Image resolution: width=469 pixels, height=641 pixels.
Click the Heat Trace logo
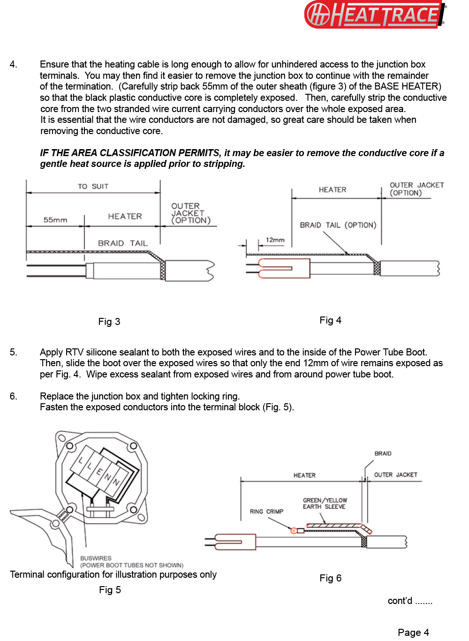[x=375, y=15]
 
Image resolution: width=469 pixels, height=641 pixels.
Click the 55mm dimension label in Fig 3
[x=55, y=220]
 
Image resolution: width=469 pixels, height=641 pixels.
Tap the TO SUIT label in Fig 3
[x=93, y=186]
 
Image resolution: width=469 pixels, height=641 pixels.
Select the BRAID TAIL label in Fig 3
[x=122, y=243]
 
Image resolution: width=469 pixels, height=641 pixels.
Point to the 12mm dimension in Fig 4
[x=275, y=240]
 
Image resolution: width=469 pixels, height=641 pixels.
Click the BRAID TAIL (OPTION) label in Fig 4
[x=338, y=225]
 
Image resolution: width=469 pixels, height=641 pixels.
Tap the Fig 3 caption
[x=109, y=322]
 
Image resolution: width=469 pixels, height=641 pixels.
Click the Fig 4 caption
[x=330, y=320]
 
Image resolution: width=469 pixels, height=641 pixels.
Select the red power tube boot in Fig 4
[x=284, y=268]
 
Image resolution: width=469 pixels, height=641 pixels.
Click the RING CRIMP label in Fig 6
[x=266, y=512]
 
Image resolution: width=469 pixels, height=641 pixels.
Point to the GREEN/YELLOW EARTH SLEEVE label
[x=325, y=504]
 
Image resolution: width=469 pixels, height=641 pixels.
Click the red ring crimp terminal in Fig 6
[x=294, y=531]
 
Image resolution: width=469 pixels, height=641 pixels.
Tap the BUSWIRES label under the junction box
[x=96, y=558]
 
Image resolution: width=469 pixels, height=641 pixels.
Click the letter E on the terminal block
[x=99, y=472]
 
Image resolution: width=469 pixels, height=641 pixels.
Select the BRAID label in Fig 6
[x=383, y=453]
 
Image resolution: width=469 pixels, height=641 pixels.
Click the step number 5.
[x=14, y=352]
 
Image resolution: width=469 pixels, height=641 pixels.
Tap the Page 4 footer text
[x=413, y=633]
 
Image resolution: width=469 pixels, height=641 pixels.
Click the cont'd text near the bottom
[x=409, y=601]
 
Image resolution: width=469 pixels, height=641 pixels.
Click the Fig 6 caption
[x=330, y=578]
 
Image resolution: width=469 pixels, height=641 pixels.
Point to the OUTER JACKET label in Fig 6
[x=395, y=475]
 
